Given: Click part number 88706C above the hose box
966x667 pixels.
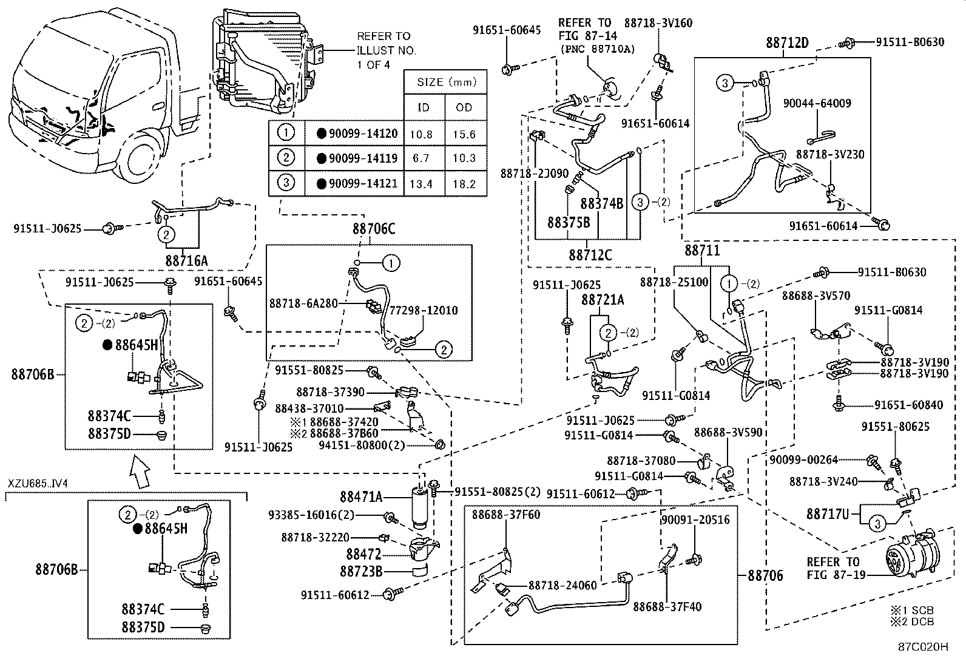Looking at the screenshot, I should coord(373,229).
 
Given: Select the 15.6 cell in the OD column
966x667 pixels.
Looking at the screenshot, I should coord(464,134).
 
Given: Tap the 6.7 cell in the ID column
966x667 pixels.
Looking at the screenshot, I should coord(421,158).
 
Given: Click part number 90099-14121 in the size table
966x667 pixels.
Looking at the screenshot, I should coord(362,184).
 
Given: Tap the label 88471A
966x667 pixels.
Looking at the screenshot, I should coord(361,497).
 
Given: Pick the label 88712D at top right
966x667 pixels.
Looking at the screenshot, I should coord(787,43).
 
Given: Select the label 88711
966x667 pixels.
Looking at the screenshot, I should coord(702,250).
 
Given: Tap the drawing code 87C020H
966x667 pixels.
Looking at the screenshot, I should coord(923,646).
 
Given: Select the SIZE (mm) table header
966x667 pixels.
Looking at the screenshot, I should coord(446,82).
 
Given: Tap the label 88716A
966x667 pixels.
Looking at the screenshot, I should coord(186,260).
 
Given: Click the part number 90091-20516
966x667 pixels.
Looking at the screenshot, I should coord(695,520).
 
